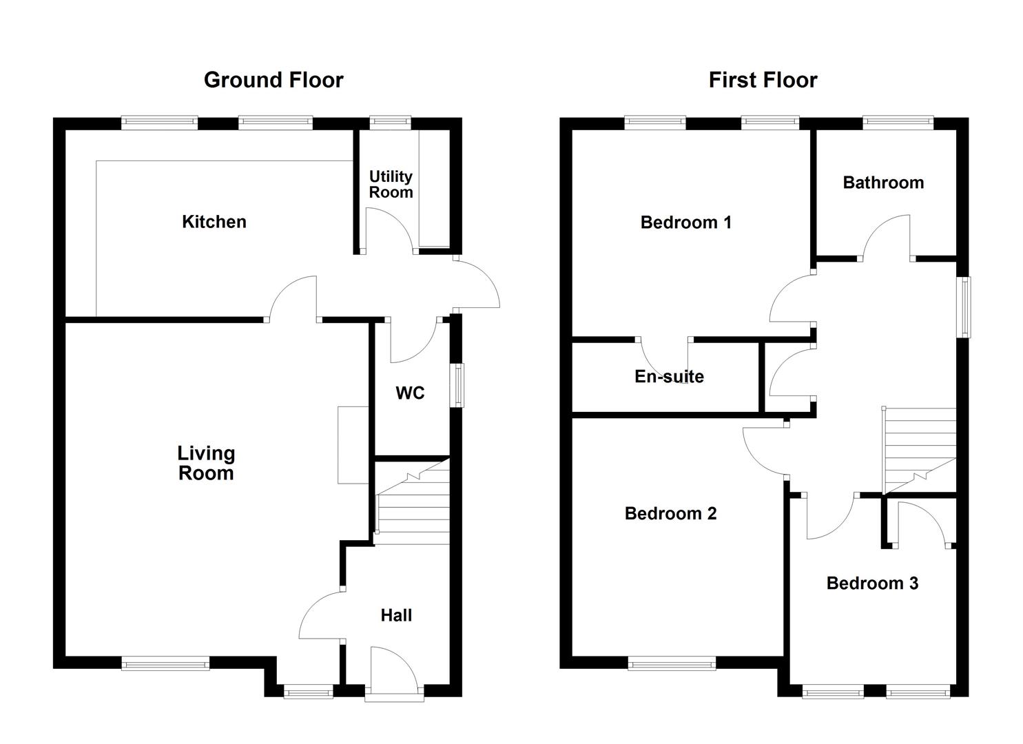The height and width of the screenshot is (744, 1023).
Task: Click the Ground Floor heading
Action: click(273, 80)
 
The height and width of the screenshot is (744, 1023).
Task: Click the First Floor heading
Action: click(763, 80)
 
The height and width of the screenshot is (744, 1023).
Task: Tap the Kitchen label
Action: click(214, 222)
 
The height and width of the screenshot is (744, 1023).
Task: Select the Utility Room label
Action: click(391, 184)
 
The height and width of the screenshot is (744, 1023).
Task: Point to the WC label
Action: click(410, 393)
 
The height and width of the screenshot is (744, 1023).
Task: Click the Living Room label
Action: click(207, 463)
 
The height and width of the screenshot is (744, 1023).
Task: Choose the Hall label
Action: click(396, 616)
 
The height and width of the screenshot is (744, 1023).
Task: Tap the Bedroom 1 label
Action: click(686, 223)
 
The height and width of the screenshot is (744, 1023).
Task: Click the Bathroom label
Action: click(883, 183)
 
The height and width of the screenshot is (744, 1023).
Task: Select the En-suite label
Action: click(669, 376)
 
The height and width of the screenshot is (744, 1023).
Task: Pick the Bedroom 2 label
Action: click(670, 513)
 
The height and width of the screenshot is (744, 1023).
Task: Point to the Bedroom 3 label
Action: click(872, 583)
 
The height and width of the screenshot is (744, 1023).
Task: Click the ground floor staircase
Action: click(413, 502)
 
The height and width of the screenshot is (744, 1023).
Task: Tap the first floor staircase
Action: click(920, 451)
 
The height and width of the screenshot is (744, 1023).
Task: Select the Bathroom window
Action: click(898, 122)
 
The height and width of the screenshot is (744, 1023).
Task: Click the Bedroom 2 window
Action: click(672, 663)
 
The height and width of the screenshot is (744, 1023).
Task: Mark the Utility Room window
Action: click(390, 122)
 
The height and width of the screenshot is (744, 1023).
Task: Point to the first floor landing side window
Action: click(964, 307)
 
